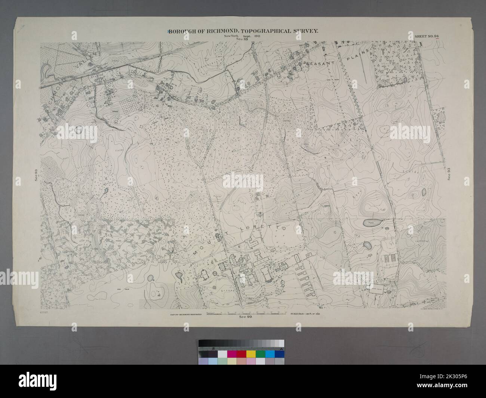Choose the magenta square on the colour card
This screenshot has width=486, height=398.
tap(232, 354)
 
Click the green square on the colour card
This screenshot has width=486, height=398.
tap(270, 354)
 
